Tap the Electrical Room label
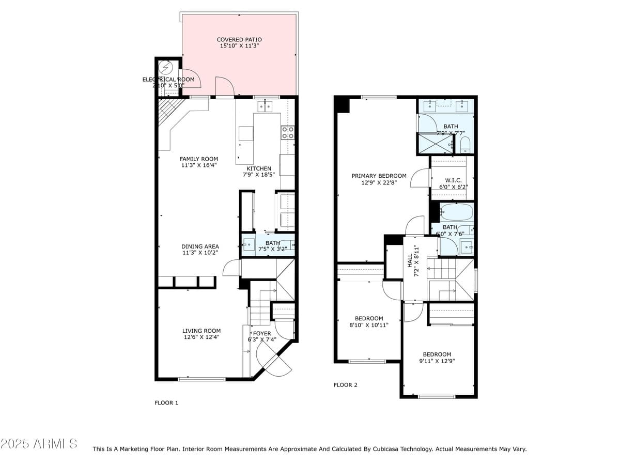click(168, 80)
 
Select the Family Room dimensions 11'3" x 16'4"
click(199, 166)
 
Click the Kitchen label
click(258, 168)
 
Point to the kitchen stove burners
click(288, 132)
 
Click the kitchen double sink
click(265, 106)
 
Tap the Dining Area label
click(200, 246)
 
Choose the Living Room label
click(201, 331)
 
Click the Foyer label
click(262, 333)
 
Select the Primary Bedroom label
click(379, 176)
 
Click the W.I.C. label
click(453, 180)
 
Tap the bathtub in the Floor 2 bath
click(457, 212)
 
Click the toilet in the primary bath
click(465, 143)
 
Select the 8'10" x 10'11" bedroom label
click(369, 318)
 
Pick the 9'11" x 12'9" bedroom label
click(437, 354)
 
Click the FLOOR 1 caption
click(166, 402)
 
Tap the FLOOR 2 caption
click(345, 385)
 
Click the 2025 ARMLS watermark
click(39, 443)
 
